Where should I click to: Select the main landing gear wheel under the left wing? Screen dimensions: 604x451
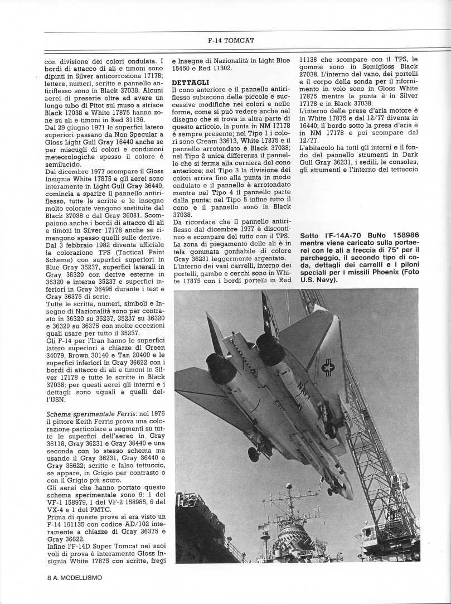254,453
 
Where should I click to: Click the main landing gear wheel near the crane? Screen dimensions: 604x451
330,428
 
